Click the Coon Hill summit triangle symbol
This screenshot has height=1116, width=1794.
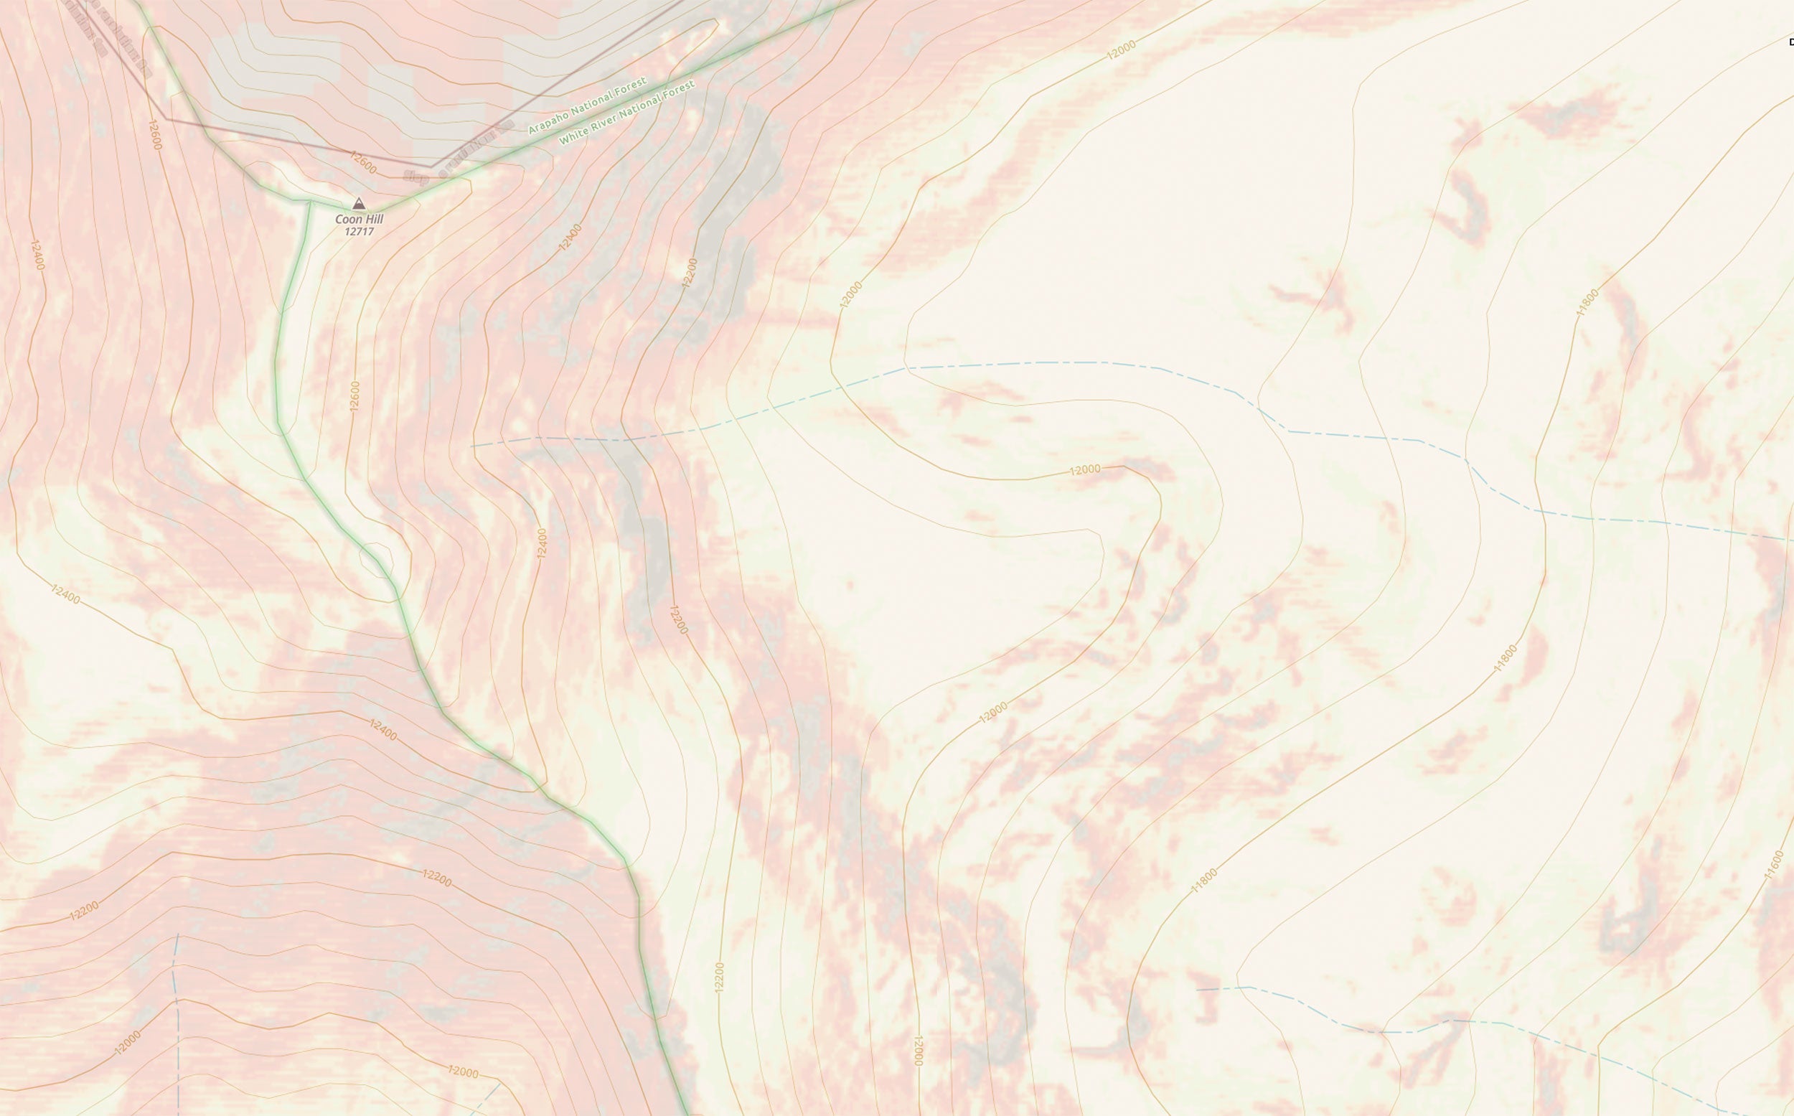[x=359, y=204]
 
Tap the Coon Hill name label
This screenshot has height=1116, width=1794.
[x=360, y=219]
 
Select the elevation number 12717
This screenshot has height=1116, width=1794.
[x=360, y=232]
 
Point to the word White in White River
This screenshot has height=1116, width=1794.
[x=573, y=136]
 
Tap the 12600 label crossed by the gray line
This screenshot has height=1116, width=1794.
[x=363, y=163]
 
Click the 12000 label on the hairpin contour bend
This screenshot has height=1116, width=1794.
[x=1085, y=469]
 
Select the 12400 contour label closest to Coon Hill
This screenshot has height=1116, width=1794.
[x=570, y=237]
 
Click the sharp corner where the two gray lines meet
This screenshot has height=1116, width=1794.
[x=433, y=167]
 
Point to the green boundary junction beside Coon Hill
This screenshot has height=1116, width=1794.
[x=309, y=201]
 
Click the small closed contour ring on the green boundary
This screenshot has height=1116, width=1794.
[x=375, y=560]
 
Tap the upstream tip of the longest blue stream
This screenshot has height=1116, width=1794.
[x=472, y=446]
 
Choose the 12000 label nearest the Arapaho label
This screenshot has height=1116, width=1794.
[x=1121, y=50]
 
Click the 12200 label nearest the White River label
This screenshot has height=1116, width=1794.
[x=690, y=272]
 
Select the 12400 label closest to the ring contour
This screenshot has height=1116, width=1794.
[x=542, y=543]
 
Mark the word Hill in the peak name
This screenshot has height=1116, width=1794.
[x=373, y=219]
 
